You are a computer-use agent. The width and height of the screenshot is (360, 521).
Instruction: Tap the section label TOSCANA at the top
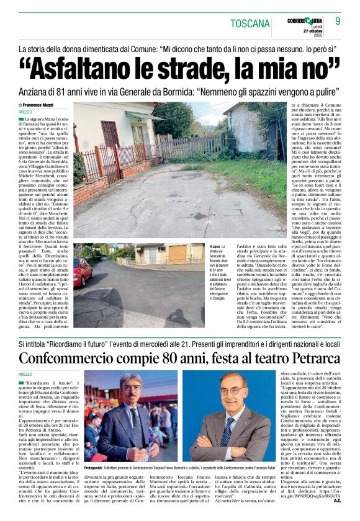250,24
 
